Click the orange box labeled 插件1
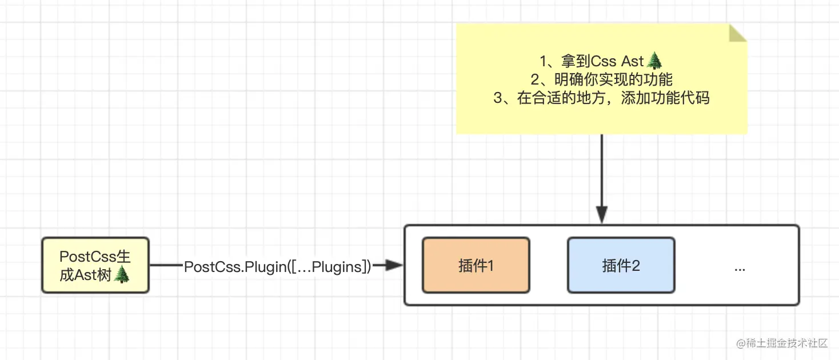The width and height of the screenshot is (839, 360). (476, 266)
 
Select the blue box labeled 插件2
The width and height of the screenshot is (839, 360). (621, 266)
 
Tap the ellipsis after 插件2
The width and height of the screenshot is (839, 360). (739, 267)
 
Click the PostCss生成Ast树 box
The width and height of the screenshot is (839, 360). (95, 266)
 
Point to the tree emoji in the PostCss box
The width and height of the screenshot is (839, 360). (122, 275)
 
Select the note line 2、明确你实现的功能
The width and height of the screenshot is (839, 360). (601, 79)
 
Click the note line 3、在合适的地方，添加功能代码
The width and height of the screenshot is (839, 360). (601, 98)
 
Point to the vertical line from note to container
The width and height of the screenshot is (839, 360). (601, 171)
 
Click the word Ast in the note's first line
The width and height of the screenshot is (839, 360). (633, 61)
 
